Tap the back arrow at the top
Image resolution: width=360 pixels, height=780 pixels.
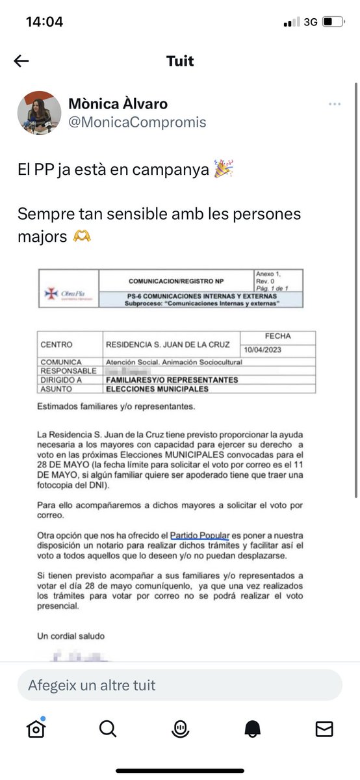tap(21, 61)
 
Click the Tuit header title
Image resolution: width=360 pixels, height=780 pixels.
tap(180, 61)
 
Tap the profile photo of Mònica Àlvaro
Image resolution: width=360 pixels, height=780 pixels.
tap(39, 112)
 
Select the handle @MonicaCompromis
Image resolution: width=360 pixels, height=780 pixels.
tap(137, 122)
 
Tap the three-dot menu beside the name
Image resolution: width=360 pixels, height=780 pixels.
tap(335, 105)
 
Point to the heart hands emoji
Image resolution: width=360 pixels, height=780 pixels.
tap(82, 237)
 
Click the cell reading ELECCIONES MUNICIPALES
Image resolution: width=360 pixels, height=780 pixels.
tap(157, 389)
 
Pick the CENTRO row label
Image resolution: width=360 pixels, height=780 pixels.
tap(57, 344)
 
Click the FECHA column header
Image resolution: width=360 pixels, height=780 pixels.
tap(277, 336)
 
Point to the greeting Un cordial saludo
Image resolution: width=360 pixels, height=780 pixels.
tap(71, 636)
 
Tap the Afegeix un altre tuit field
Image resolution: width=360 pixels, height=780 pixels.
tap(179, 685)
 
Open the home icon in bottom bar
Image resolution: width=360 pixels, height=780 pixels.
tap(36, 729)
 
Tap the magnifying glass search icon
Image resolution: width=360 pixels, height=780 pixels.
tap(108, 729)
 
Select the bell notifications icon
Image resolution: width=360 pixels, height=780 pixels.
tap(252, 729)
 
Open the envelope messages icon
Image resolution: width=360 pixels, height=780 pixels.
tap(324, 729)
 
